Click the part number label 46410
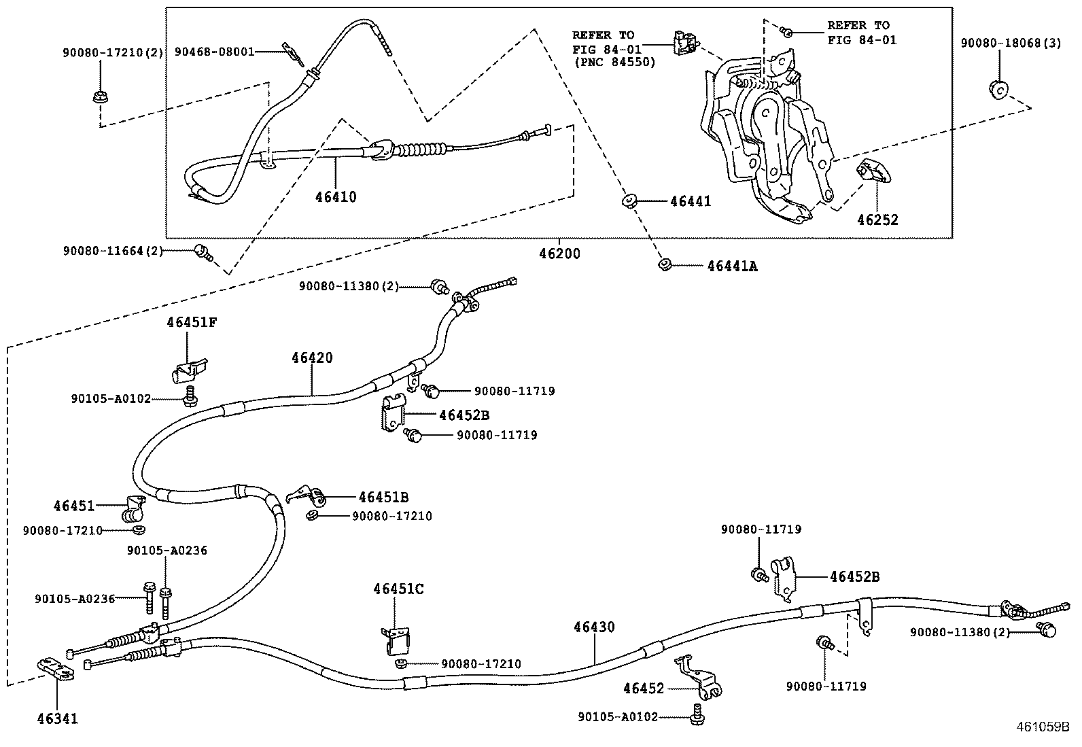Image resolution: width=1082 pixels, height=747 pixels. click(x=336, y=197)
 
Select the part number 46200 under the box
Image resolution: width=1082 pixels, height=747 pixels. click(x=559, y=254)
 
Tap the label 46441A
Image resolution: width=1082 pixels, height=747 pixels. click(x=732, y=266)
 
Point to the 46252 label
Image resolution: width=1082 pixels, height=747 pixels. click(x=877, y=220)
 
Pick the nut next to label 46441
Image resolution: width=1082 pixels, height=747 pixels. click(x=629, y=201)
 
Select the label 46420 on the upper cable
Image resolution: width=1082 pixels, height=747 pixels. click(x=312, y=358)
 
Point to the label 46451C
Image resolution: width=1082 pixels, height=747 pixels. click(x=398, y=589)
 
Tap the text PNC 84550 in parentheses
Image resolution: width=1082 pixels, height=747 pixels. click(x=614, y=63)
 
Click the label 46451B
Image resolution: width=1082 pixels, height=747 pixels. click(x=383, y=498)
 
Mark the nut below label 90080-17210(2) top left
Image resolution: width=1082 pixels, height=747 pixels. click(x=99, y=96)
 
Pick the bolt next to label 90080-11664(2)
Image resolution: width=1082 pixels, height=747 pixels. click(x=202, y=251)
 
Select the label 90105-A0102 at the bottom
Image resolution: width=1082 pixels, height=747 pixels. click(x=618, y=716)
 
